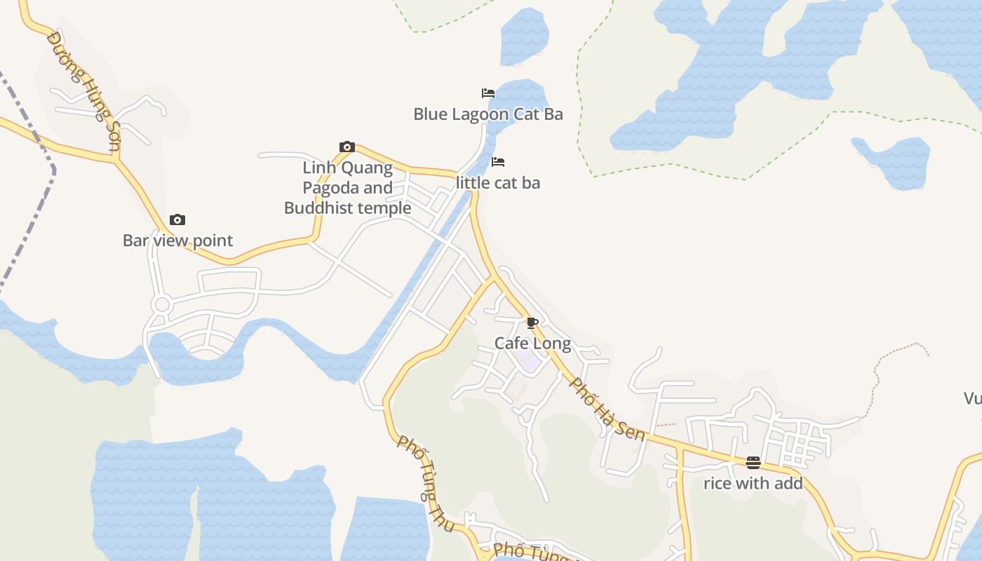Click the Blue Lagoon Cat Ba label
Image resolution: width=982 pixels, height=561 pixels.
click(x=488, y=114)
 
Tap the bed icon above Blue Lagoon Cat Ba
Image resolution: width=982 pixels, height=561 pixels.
click(x=488, y=93)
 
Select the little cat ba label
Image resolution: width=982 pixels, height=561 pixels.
click(x=498, y=182)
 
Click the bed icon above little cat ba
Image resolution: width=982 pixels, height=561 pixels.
click(x=498, y=162)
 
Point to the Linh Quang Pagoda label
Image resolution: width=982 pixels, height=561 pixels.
click(x=348, y=188)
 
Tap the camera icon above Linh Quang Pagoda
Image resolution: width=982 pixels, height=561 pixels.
click(x=347, y=147)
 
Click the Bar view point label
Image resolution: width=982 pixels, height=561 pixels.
click(x=177, y=240)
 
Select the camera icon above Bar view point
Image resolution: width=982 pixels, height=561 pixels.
click(x=177, y=219)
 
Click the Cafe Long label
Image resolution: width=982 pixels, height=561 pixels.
click(x=532, y=343)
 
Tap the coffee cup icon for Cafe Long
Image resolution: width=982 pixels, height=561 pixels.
click(x=532, y=323)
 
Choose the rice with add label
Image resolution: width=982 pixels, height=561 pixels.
click(x=753, y=483)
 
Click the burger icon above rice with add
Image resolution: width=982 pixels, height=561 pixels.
click(x=753, y=462)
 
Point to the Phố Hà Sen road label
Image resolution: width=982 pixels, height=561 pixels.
click(x=607, y=410)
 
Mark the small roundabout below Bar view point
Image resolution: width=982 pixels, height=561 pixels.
click(x=163, y=304)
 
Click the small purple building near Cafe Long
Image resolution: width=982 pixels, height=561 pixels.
click(x=530, y=363)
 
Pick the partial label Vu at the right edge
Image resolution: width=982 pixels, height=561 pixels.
click(x=972, y=399)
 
